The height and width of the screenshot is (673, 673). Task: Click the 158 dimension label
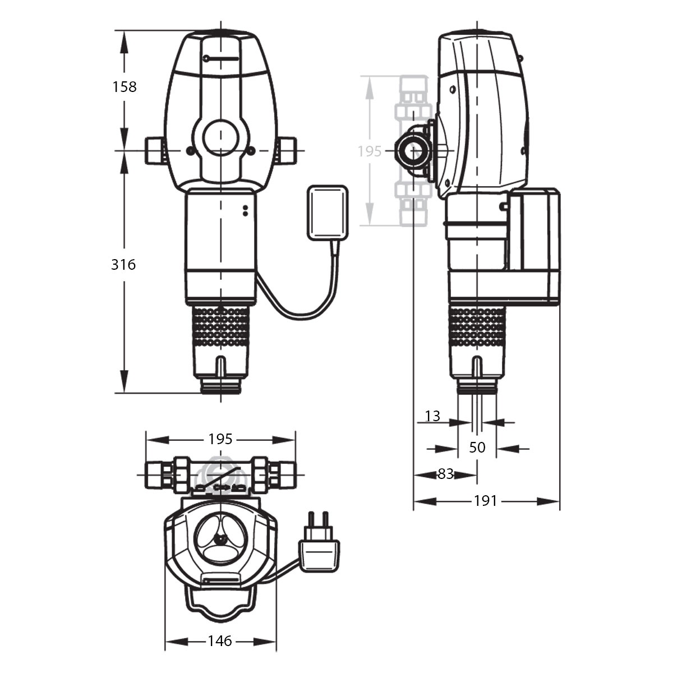[x=125, y=87]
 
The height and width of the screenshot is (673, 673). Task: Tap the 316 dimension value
[x=123, y=265]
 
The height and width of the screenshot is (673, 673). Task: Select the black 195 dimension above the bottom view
[x=220, y=439]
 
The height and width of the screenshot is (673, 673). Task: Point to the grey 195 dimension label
[x=370, y=151]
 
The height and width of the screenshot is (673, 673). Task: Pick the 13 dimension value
[x=433, y=416]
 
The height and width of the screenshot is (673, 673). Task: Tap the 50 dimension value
[x=477, y=448]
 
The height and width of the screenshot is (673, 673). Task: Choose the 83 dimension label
[x=445, y=474]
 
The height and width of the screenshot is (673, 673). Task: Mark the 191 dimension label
[x=486, y=501]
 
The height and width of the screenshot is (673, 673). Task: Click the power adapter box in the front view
[x=328, y=213]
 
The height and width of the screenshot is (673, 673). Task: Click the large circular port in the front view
[x=220, y=139]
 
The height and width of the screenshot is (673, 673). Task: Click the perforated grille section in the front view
[x=221, y=326]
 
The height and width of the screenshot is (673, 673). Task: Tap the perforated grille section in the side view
[x=477, y=326]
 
